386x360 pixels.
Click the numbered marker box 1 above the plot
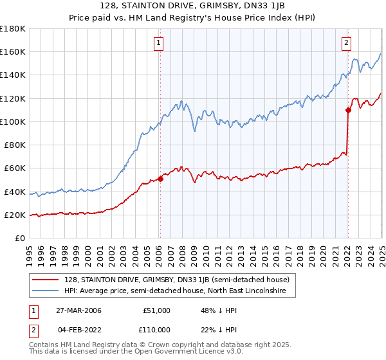tap(158, 43)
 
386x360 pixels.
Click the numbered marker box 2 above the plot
tap(346, 43)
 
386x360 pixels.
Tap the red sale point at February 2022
tap(348, 110)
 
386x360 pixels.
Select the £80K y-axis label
tap(15, 145)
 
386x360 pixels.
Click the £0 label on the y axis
tap(20, 239)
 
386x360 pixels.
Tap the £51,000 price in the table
tap(156, 310)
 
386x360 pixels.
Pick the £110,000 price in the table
tap(154, 330)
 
